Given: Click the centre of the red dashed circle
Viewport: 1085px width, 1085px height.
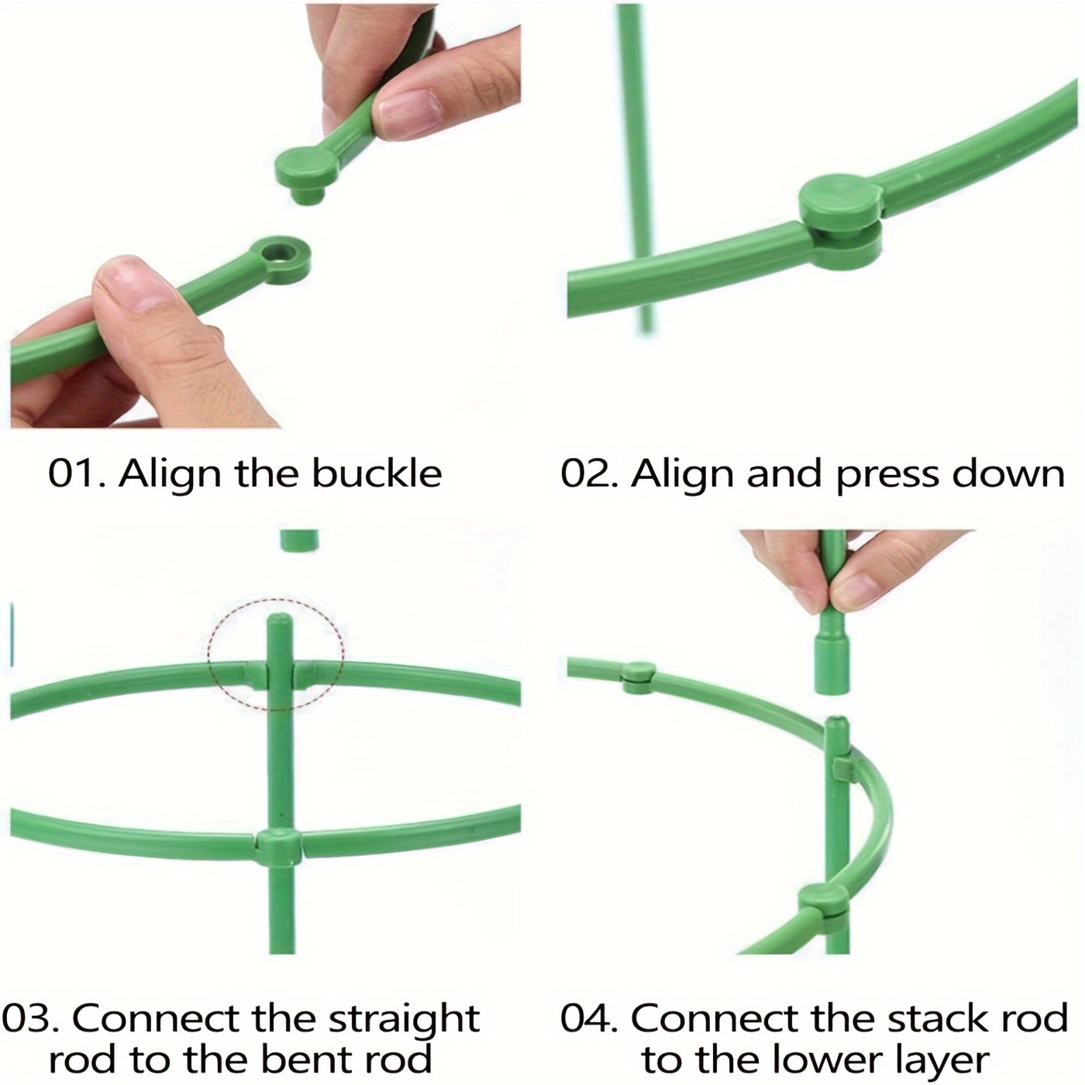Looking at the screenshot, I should (276, 653).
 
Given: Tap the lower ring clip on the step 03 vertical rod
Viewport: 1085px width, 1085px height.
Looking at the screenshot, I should (278, 846).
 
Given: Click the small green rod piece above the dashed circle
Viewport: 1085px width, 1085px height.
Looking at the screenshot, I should (299, 541).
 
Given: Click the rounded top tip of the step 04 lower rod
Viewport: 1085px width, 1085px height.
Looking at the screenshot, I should (835, 726).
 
